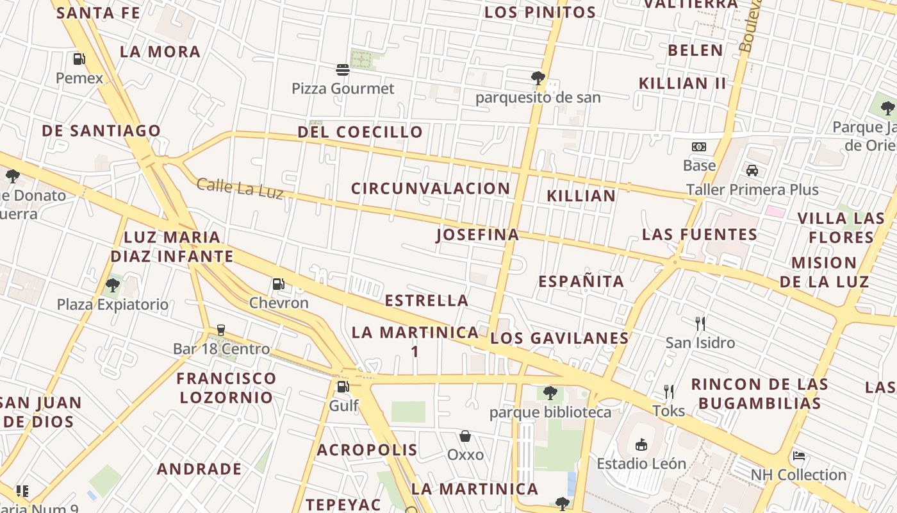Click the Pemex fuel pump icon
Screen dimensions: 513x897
click(x=79, y=59)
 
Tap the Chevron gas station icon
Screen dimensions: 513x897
click(x=279, y=283)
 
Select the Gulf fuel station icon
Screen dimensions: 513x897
click(x=343, y=386)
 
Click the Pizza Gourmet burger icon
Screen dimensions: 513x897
click(x=343, y=69)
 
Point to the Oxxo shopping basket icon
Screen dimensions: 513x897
click(x=465, y=436)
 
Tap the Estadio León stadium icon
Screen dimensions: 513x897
click(x=641, y=444)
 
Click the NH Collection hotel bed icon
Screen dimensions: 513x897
click(x=798, y=456)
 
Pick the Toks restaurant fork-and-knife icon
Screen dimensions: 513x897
click(x=669, y=391)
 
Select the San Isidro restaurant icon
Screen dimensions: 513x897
click(x=700, y=323)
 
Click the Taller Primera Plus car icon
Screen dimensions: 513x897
click(x=752, y=171)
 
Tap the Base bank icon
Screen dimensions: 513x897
click(x=699, y=147)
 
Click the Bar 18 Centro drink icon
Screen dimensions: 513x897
click(x=221, y=330)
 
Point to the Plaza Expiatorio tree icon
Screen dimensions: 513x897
click(x=113, y=285)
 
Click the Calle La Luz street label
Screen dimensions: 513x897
click(x=240, y=188)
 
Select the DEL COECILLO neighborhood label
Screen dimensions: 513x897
click(x=360, y=132)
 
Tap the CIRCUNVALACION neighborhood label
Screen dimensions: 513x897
click(x=431, y=189)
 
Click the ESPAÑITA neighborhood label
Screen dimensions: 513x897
click(x=581, y=282)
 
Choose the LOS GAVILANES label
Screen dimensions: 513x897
click(x=559, y=338)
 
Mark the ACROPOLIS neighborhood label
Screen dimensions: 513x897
click(x=367, y=450)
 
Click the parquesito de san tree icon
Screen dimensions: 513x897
click(x=538, y=78)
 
